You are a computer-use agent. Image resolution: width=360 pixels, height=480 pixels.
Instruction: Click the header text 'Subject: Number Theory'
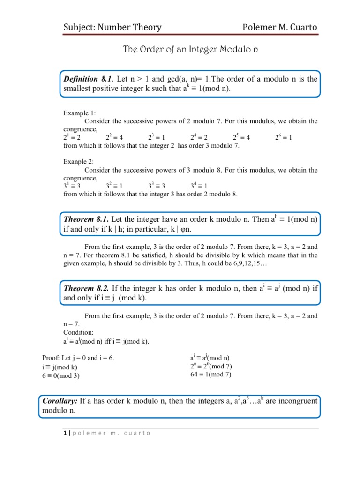click(x=112, y=27)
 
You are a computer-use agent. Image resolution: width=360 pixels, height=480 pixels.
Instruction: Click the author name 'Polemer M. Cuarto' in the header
click(x=279, y=27)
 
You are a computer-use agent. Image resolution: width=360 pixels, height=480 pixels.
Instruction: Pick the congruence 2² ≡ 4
click(x=114, y=137)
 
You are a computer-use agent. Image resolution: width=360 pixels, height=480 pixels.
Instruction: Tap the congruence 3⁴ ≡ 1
click(x=199, y=186)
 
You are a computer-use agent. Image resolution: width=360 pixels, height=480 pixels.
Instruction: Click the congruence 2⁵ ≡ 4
click(x=241, y=137)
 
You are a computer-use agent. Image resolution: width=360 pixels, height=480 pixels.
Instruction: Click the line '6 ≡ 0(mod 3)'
click(x=61, y=375)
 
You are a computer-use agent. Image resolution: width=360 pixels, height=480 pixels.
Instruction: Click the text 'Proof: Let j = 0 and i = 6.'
click(x=78, y=358)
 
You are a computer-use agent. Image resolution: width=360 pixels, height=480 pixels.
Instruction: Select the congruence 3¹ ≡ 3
click(x=72, y=186)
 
